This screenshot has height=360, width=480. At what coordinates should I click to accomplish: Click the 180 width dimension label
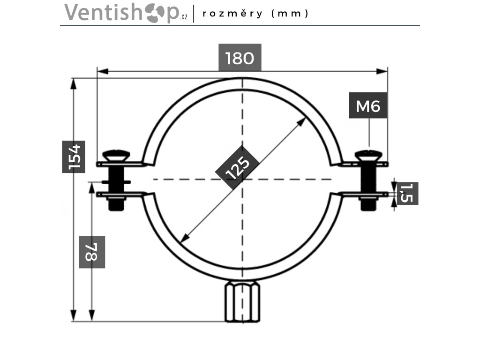[240, 58]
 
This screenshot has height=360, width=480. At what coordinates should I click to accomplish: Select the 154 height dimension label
[74, 157]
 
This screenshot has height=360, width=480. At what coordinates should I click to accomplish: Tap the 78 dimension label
[91, 252]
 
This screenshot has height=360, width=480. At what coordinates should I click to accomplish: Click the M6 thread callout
[368, 106]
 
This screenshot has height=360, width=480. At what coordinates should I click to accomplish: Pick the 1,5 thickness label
[407, 193]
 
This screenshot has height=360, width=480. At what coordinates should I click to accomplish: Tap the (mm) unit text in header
[291, 13]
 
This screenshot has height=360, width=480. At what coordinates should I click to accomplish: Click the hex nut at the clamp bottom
[242, 301]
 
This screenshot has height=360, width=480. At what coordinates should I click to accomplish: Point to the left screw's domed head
[116, 155]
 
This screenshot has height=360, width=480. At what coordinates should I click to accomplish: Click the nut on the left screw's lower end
[116, 204]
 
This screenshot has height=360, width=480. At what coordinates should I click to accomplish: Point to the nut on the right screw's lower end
[368, 204]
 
